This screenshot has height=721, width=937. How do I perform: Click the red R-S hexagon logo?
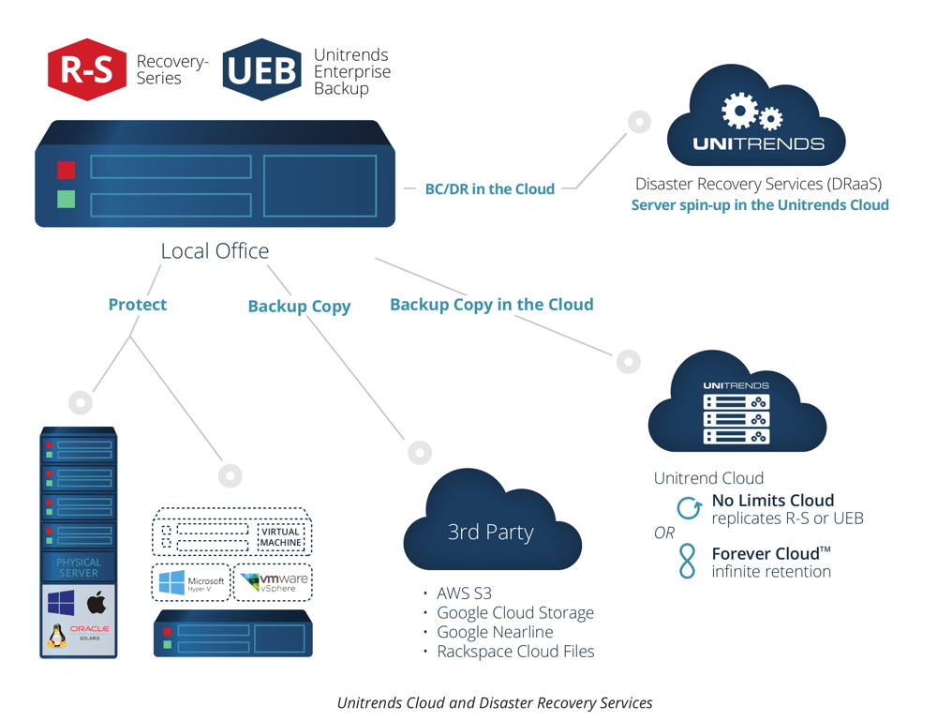point(87,68)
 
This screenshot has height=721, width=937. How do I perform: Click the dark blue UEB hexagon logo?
point(261,68)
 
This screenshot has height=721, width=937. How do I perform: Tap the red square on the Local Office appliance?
point(66,170)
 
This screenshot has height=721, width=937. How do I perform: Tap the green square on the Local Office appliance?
point(66,199)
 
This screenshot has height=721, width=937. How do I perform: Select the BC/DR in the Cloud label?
point(489,188)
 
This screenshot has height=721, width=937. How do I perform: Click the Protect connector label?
point(138,304)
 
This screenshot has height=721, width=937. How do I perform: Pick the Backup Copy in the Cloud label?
point(491,304)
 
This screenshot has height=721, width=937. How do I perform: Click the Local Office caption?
point(215,250)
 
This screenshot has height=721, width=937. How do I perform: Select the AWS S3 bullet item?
point(463,593)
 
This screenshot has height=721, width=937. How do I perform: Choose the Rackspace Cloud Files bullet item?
point(514,651)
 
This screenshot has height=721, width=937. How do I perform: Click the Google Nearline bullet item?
point(494,632)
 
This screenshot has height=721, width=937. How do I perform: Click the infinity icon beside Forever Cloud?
point(690,561)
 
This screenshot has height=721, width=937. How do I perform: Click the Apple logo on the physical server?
point(97,602)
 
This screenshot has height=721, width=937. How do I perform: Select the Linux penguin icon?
point(57,637)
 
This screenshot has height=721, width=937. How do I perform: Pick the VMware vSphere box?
point(273,582)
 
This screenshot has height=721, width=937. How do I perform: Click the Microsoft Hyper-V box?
point(191,582)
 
